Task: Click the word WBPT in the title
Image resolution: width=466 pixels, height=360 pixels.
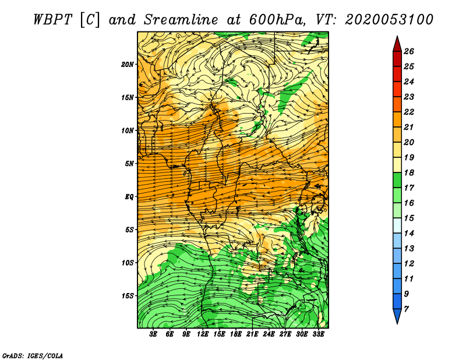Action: coord(53,20)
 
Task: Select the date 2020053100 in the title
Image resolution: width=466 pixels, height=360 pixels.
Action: coord(389,20)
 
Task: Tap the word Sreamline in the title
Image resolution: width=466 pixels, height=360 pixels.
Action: coord(181,20)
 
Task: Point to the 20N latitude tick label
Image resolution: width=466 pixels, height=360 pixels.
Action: coord(128,65)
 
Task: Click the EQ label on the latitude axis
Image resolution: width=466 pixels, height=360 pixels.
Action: coord(129,197)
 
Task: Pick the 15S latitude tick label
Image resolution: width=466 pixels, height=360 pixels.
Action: coord(128,296)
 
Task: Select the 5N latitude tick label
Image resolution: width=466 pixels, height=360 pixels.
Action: coord(129,164)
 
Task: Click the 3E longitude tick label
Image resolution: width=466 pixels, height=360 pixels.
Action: coord(153,334)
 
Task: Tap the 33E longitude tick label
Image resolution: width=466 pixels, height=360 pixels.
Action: coord(318,334)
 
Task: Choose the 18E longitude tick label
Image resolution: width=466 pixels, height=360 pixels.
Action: coord(236,334)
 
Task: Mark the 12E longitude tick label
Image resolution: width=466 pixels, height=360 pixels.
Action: coord(203,334)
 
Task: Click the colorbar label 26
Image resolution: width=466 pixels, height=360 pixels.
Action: coord(409,51)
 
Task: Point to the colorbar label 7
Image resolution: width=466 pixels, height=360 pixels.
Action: coord(406,309)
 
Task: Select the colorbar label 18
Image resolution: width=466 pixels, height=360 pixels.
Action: coord(409,172)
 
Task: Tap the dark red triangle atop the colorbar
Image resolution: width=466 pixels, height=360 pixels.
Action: coord(397,44)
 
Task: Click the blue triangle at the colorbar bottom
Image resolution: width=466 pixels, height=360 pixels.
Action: coord(397,316)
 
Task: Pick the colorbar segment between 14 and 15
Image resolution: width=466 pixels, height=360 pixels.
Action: coord(397,225)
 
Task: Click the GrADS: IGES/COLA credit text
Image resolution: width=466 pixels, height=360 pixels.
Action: coord(33,356)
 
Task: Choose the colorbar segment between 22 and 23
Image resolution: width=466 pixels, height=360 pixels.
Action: coord(397,104)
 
